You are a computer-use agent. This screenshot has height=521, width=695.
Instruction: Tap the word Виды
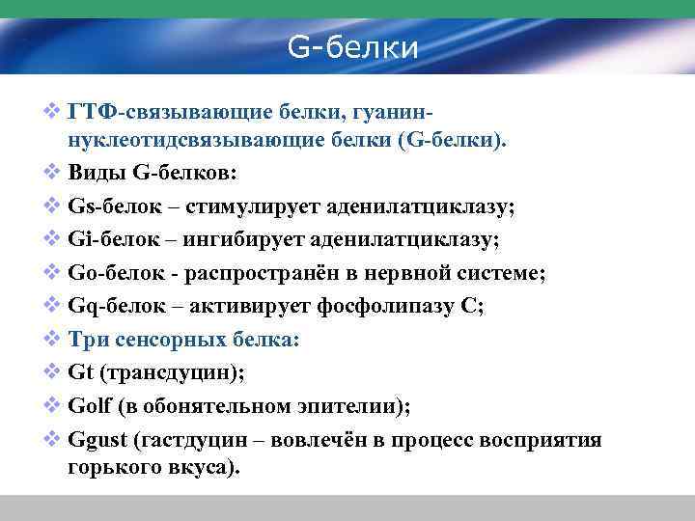[x=96, y=175]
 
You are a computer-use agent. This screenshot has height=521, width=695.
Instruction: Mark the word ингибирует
[x=243, y=240]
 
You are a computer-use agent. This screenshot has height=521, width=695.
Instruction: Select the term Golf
[x=91, y=407]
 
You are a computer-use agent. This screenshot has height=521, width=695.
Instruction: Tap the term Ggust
[x=97, y=441]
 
